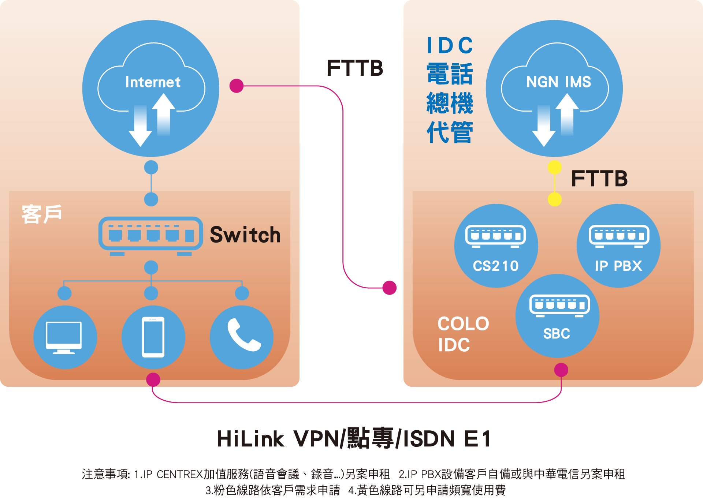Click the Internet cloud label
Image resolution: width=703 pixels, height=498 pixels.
tap(153, 82)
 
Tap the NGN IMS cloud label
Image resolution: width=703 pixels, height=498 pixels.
tap(558, 82)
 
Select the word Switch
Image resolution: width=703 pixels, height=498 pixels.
tap(245, 235)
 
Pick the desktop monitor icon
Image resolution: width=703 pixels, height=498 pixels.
tap(65, 337)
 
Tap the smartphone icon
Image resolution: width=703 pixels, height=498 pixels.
tap(153, 337)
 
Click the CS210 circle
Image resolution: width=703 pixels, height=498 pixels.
tap(496, 246)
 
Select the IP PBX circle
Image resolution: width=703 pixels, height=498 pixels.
tap(618, 246)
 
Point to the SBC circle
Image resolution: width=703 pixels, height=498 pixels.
tap(557, 316)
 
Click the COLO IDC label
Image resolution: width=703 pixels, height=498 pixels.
tap(463, 334)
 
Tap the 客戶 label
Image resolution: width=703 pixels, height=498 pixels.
tap(42, 214)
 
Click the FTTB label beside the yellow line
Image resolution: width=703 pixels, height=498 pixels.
tap(599, 179)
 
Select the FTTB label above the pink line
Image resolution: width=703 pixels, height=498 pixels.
tap(355, 68)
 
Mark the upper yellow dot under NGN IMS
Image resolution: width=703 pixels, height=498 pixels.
tap(555, 168)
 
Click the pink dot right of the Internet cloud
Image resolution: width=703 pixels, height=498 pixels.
tap(237, 86)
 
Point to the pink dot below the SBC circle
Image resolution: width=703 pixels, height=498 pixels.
tap(561, 370)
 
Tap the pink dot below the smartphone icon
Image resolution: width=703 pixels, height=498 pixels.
tap(153, 380)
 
